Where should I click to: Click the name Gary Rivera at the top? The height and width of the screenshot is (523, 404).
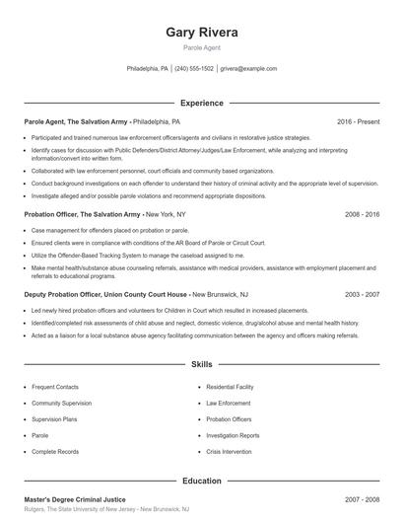pyautogui.click(x=202, y=32)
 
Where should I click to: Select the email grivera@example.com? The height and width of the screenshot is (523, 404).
pyautogui.click(x=248, y=69)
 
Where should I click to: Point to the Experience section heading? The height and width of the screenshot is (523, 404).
pyautogui.click(x=202, y=103)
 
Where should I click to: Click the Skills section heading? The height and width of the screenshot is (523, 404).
pyautogui.click(x=202, y=364)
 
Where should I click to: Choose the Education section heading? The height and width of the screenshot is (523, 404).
pyautogui.click(x=202, y=482)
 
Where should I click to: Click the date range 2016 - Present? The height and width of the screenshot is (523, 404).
pyautogui.click(x=358, y=121)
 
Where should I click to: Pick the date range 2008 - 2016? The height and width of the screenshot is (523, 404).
pyautogui.click(x=362, y=213)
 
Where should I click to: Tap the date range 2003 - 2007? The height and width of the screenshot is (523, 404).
pyautogui.click(x=362, y=294)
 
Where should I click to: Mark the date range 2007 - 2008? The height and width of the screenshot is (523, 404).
pyautogui.click(x=362, y=500)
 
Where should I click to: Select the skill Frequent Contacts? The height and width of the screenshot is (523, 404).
pyautogui.click(x=54, y=388)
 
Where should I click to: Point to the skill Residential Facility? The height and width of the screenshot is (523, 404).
pyautogui.click(x=232, y=388)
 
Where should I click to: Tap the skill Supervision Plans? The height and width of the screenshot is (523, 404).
pyautogui.click(x=55, y=418)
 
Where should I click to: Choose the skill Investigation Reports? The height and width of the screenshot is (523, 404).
pyautogui.click(x=234, y=434)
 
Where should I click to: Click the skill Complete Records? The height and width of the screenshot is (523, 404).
pyautogui.click(x=55, y=450)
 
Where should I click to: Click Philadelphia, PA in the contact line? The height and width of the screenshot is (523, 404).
pyautogui.click(x=148, y=69)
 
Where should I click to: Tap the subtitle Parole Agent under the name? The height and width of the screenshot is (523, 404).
pyautogui.click(x=202, y=47)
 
